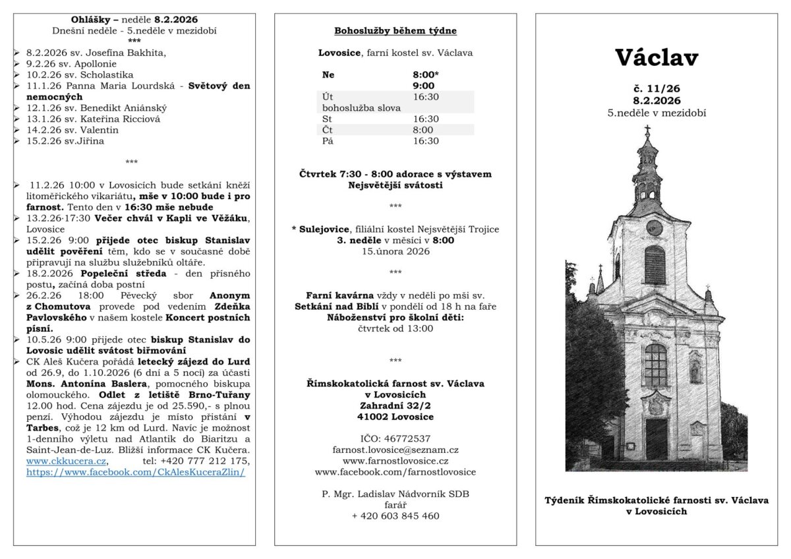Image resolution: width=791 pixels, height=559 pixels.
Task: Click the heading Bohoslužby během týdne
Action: [x=395, y=30]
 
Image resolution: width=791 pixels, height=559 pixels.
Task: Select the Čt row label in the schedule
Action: [x=327, y=130]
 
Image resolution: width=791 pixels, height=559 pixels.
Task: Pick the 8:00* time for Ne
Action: [x=425, y=74]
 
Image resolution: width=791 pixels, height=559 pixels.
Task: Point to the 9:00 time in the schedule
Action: [x=423, y=86]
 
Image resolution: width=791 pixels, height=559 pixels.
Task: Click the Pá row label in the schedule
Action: [x=328, y=141]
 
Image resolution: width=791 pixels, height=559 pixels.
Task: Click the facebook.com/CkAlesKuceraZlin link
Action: [x=136, y=473]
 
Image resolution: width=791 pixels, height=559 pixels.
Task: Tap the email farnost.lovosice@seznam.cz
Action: [x=395, y=449]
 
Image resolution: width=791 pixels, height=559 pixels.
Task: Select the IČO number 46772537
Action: [x=395, y=438]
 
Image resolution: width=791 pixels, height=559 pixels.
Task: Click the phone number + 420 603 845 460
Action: [x=395, y=516]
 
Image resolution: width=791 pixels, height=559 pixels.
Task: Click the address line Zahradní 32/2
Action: [x=395, y=405]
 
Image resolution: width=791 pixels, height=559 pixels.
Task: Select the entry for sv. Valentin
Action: [x=73, y=130]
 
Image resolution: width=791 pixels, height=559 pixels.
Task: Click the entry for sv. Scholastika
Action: [x=80, y=74]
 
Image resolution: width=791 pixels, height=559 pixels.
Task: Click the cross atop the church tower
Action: [x=647, y=129]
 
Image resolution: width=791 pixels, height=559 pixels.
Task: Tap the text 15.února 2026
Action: [x=395, y=251]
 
